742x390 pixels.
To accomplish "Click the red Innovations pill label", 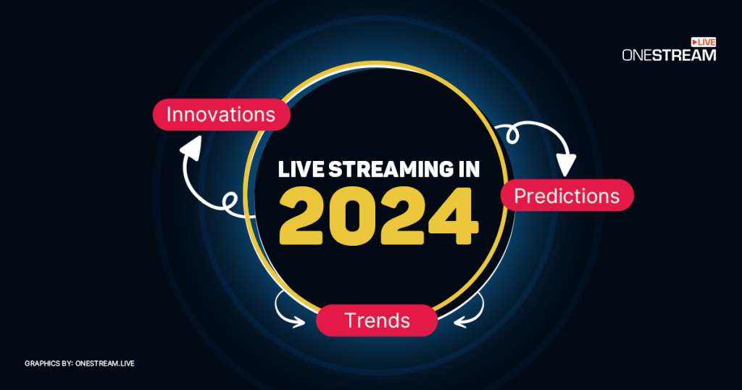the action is [x=221, y=115].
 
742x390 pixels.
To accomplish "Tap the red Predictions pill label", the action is [x=567, y=196].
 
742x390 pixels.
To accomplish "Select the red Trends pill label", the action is [x=377, y=320].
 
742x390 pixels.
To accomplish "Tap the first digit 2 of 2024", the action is [x=301, y=216].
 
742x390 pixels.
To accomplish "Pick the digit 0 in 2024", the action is [x=351, y=216].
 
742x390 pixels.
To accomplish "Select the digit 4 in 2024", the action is [x=453, y=216].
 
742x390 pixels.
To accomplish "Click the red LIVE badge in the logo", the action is [x=703, y=42].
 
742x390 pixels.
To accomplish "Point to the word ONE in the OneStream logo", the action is [x=637, y=55].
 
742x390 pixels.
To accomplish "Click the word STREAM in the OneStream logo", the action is [x=684, y=55].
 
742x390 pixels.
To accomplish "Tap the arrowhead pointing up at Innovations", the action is [x=191, y=146].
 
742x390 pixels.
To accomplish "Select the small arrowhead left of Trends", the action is [x=299, y=323].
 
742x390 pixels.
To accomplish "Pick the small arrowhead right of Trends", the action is [x=460, y=323].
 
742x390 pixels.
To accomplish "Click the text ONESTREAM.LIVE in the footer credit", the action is [x=105, y=363].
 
